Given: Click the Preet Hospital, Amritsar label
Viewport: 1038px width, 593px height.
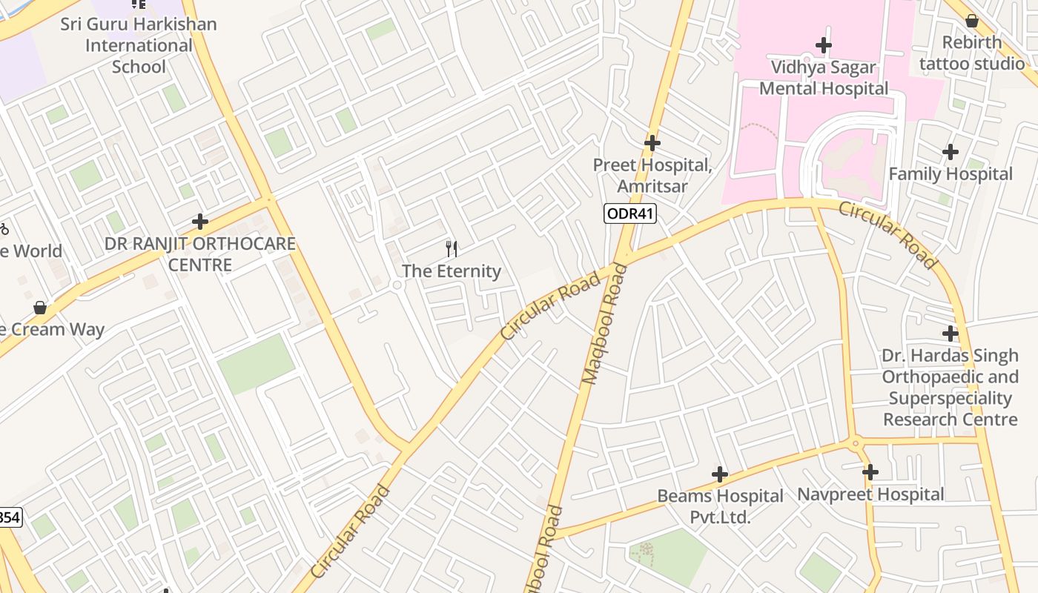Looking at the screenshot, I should tap(652, 176).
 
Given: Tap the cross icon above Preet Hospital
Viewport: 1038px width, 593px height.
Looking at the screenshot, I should tap(652, 142).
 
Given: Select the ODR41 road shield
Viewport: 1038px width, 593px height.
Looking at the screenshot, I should tap(630, 214).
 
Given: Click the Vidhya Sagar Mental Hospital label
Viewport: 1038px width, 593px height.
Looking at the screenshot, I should tap(824, 78).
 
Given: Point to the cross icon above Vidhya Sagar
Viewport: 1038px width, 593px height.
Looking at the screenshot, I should tap(824, 45).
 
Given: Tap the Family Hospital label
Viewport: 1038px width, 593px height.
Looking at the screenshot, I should tap(951, 174).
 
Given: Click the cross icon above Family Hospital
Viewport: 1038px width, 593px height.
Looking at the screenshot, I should tap(951, 152).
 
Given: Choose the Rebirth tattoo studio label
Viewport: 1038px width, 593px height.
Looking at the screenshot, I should tap(972, 53).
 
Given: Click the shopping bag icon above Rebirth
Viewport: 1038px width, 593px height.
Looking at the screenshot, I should tap(972, 20).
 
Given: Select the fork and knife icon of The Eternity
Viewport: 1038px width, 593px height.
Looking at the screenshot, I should tap(451, 248).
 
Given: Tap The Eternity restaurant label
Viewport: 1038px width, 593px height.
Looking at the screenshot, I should tap(451, 271).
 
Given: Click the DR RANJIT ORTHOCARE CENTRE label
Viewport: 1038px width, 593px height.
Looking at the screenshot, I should tap(200, 254).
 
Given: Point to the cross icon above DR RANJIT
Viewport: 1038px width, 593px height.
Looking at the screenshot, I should tap(199, 222).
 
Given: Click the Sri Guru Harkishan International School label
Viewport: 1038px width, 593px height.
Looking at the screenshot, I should tap(139, 45).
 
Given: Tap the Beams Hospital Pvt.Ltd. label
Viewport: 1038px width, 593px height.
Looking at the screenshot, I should tap(720, 506).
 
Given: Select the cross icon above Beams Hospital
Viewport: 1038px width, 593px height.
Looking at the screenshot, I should tap(719, 474).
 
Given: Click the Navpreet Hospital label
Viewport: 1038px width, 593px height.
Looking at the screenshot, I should tap(870, 494).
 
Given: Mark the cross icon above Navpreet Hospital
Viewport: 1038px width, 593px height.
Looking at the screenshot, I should tap(870, 471).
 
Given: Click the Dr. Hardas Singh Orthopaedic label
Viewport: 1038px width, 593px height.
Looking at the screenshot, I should tap(951, 388).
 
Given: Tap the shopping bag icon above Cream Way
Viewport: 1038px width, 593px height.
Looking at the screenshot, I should tap(40, 307).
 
